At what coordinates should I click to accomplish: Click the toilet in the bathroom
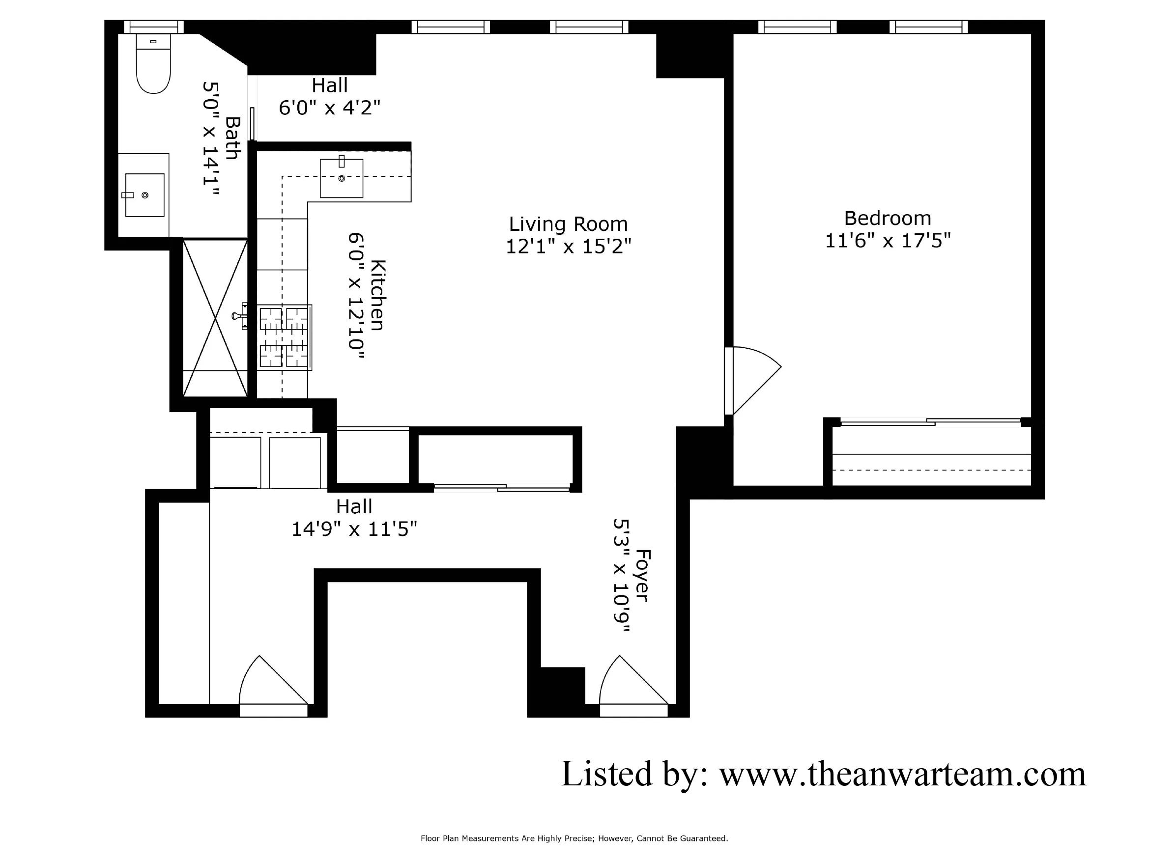153,65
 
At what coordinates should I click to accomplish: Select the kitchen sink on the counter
341,178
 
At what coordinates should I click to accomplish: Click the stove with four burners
284,337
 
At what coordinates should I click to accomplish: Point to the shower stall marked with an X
215,318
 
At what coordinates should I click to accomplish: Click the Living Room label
568,224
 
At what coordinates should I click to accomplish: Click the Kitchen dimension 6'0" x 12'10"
356,296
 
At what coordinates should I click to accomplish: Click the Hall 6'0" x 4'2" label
329,97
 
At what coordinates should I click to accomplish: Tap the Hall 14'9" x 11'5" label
354,518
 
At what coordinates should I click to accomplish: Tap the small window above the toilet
154,27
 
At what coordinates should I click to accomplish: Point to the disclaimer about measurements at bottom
574,838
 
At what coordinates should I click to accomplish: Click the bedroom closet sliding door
931,421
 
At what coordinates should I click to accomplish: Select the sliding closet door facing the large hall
502,487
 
